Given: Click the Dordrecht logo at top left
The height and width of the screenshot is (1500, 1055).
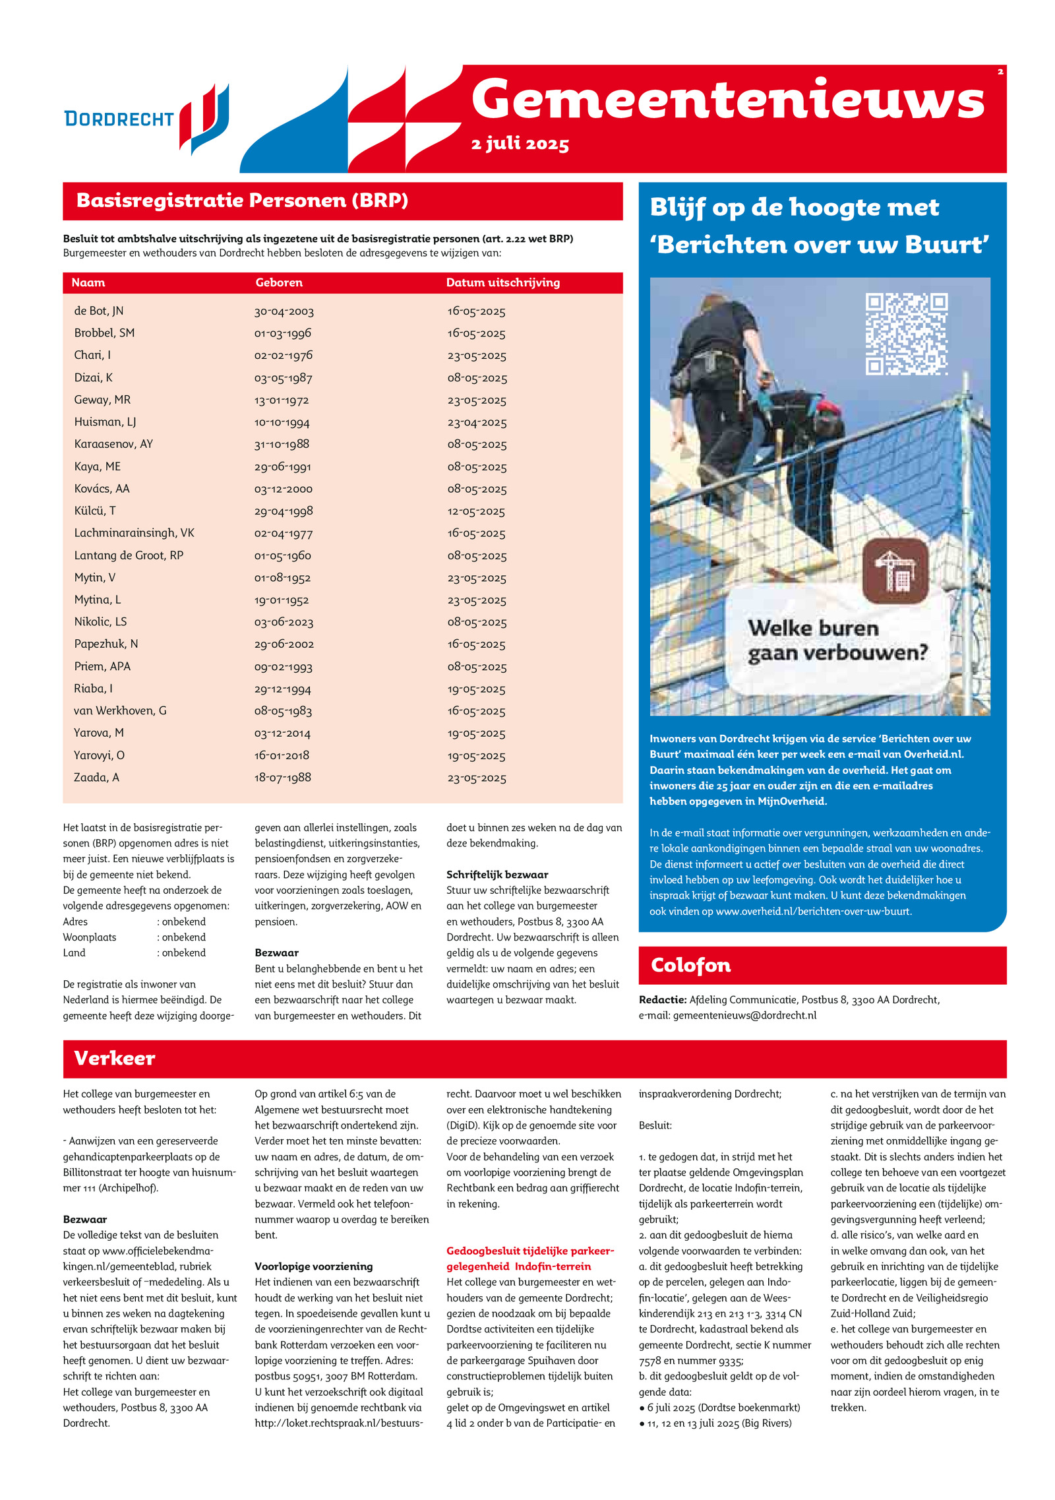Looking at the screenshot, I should pyautogui.click(x=146, y=119).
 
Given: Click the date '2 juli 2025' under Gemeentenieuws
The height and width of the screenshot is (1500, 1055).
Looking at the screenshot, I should pyautogui.click(x=520, y=144).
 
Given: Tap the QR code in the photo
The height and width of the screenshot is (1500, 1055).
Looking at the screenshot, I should pyautogui.click(x=906, y=334).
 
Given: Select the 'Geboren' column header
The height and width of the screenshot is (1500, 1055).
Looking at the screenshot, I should pyautogui.click(x=279, y=282).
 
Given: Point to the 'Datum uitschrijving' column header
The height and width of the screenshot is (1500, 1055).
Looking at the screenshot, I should pyautogui.click(x=502, y=282).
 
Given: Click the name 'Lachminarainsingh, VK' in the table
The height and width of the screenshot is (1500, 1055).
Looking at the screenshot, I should pyautogui.click(x=134, y=533).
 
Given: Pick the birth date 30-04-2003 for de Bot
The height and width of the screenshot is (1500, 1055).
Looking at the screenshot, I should pyautogui.click(x=284, y=311).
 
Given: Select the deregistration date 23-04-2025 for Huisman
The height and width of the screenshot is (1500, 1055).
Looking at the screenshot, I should pyautogui.click(x=477, y=422).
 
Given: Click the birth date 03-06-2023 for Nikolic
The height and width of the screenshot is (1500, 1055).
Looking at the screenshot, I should pyautogui.click(x=284, y=622).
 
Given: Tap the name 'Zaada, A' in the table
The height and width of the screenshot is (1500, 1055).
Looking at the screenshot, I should pyautogui.click(x=96, y=777).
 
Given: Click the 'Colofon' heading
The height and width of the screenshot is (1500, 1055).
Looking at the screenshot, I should pyautogui.click(x=690, y=965).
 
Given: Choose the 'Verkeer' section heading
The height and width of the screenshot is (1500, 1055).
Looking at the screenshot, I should pyautogui.click(x=115, y=1058).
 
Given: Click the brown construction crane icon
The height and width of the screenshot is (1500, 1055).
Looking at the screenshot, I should pyautogui.click(x=895, y=570).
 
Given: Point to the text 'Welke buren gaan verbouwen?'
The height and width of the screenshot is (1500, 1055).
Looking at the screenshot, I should pyautogui.click(x=837, y=640).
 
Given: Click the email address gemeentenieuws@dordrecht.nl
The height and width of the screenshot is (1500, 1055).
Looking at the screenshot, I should pyautogui.click(x=744, y=1015).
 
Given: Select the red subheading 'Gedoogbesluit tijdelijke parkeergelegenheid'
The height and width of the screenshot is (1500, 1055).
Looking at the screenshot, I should pyautogui.click(x=529, y=1259).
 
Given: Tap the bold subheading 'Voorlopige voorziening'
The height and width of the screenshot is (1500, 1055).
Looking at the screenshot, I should pyautogui.click(x=313, y=1266).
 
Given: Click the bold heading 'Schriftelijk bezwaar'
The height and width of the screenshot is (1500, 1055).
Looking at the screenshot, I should pyautogui.click(x=497, y=875).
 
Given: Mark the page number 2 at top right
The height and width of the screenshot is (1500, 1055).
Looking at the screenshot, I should pyautogui.click(x=1000, y=72).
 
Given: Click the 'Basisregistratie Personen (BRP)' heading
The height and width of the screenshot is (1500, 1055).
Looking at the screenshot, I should pyautogui.click(x=242, y=201).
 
